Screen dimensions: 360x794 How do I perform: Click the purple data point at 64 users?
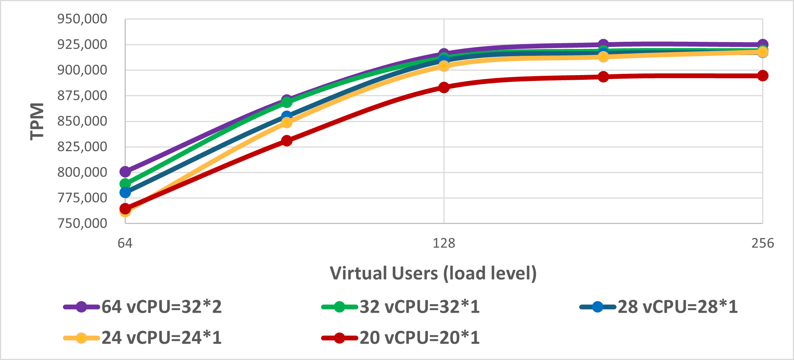click(125, 171)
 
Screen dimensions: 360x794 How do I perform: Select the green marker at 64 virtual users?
click(125, 184)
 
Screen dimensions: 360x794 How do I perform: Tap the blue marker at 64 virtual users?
click(125, 192)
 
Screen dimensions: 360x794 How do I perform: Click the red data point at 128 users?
click(444, 88)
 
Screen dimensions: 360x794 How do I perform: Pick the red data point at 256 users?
click(763, 76)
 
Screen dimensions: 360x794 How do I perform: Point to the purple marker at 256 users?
click(763, 44)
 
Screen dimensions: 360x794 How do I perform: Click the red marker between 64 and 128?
click(287, 140)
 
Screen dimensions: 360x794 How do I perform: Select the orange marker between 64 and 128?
click(287, 122)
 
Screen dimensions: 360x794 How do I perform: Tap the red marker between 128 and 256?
click(603, 77)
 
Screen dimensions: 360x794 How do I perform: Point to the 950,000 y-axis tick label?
click(82, 19)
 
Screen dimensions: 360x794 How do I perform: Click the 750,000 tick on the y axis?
click(82, 223)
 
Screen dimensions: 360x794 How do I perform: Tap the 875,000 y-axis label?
click(82, 96)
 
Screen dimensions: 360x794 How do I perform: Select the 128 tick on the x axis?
click(444, 243)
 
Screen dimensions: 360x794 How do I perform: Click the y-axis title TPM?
click(37, 121)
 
